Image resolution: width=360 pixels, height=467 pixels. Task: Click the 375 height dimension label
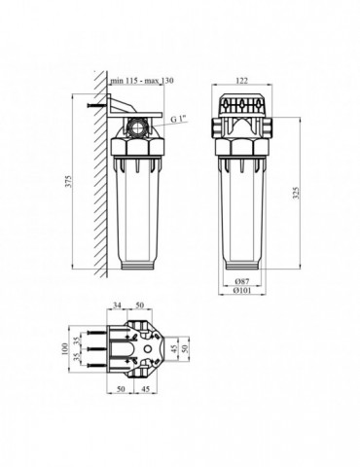(x=68, y=182)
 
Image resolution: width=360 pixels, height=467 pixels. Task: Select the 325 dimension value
(x=296, y=193)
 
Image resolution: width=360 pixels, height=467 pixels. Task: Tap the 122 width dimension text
(x=241, y=81)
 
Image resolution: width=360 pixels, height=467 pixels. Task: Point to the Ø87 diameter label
(x=242, y=281)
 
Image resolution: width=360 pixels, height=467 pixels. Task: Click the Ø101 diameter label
(x=242, y=291)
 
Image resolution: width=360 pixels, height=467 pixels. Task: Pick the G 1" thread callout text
(x=180, y=120)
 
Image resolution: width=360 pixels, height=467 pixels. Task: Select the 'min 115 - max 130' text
(x=142, y=81)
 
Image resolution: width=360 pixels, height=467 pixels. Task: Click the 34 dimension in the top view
(x=117, y=305)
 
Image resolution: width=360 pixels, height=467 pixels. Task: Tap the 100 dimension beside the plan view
(x=65, y=349)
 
